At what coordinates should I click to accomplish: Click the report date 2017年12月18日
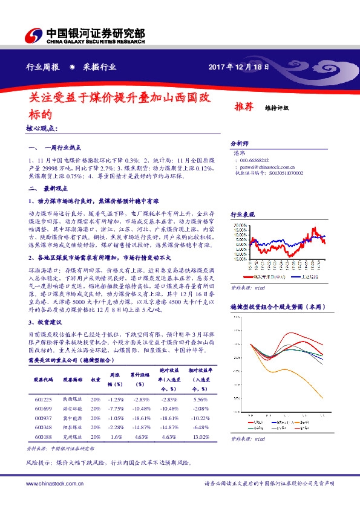(238, 67)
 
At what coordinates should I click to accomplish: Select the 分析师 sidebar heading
(240, 143)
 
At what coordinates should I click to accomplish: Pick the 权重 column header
(95, 380)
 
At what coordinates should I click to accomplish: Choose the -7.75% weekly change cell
(115, 409)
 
